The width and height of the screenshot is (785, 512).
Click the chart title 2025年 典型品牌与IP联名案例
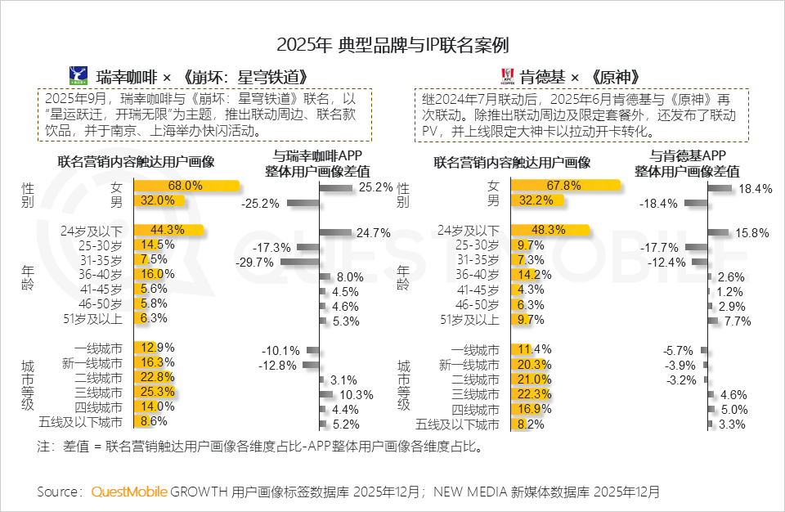(x=392, y=44)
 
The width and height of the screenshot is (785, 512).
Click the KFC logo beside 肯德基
(x=506, y=77)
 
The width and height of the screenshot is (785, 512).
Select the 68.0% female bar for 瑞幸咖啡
(x=186, y=186)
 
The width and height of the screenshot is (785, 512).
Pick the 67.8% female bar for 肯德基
(x=564, y=186)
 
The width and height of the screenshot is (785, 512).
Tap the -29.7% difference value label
(x=255, y=262)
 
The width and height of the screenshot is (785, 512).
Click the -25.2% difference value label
(x=260, y=202)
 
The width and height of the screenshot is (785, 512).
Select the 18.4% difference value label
(x=754, y=189)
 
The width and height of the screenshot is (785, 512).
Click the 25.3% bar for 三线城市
(x=154, y=393)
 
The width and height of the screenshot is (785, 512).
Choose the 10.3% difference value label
(x=352, y=395)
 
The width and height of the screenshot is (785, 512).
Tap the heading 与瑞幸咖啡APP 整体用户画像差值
(x=317, y=164)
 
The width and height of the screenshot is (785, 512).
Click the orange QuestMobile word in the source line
(x=129, y=492)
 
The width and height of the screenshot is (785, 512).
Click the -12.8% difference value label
(x=278, y=365)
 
